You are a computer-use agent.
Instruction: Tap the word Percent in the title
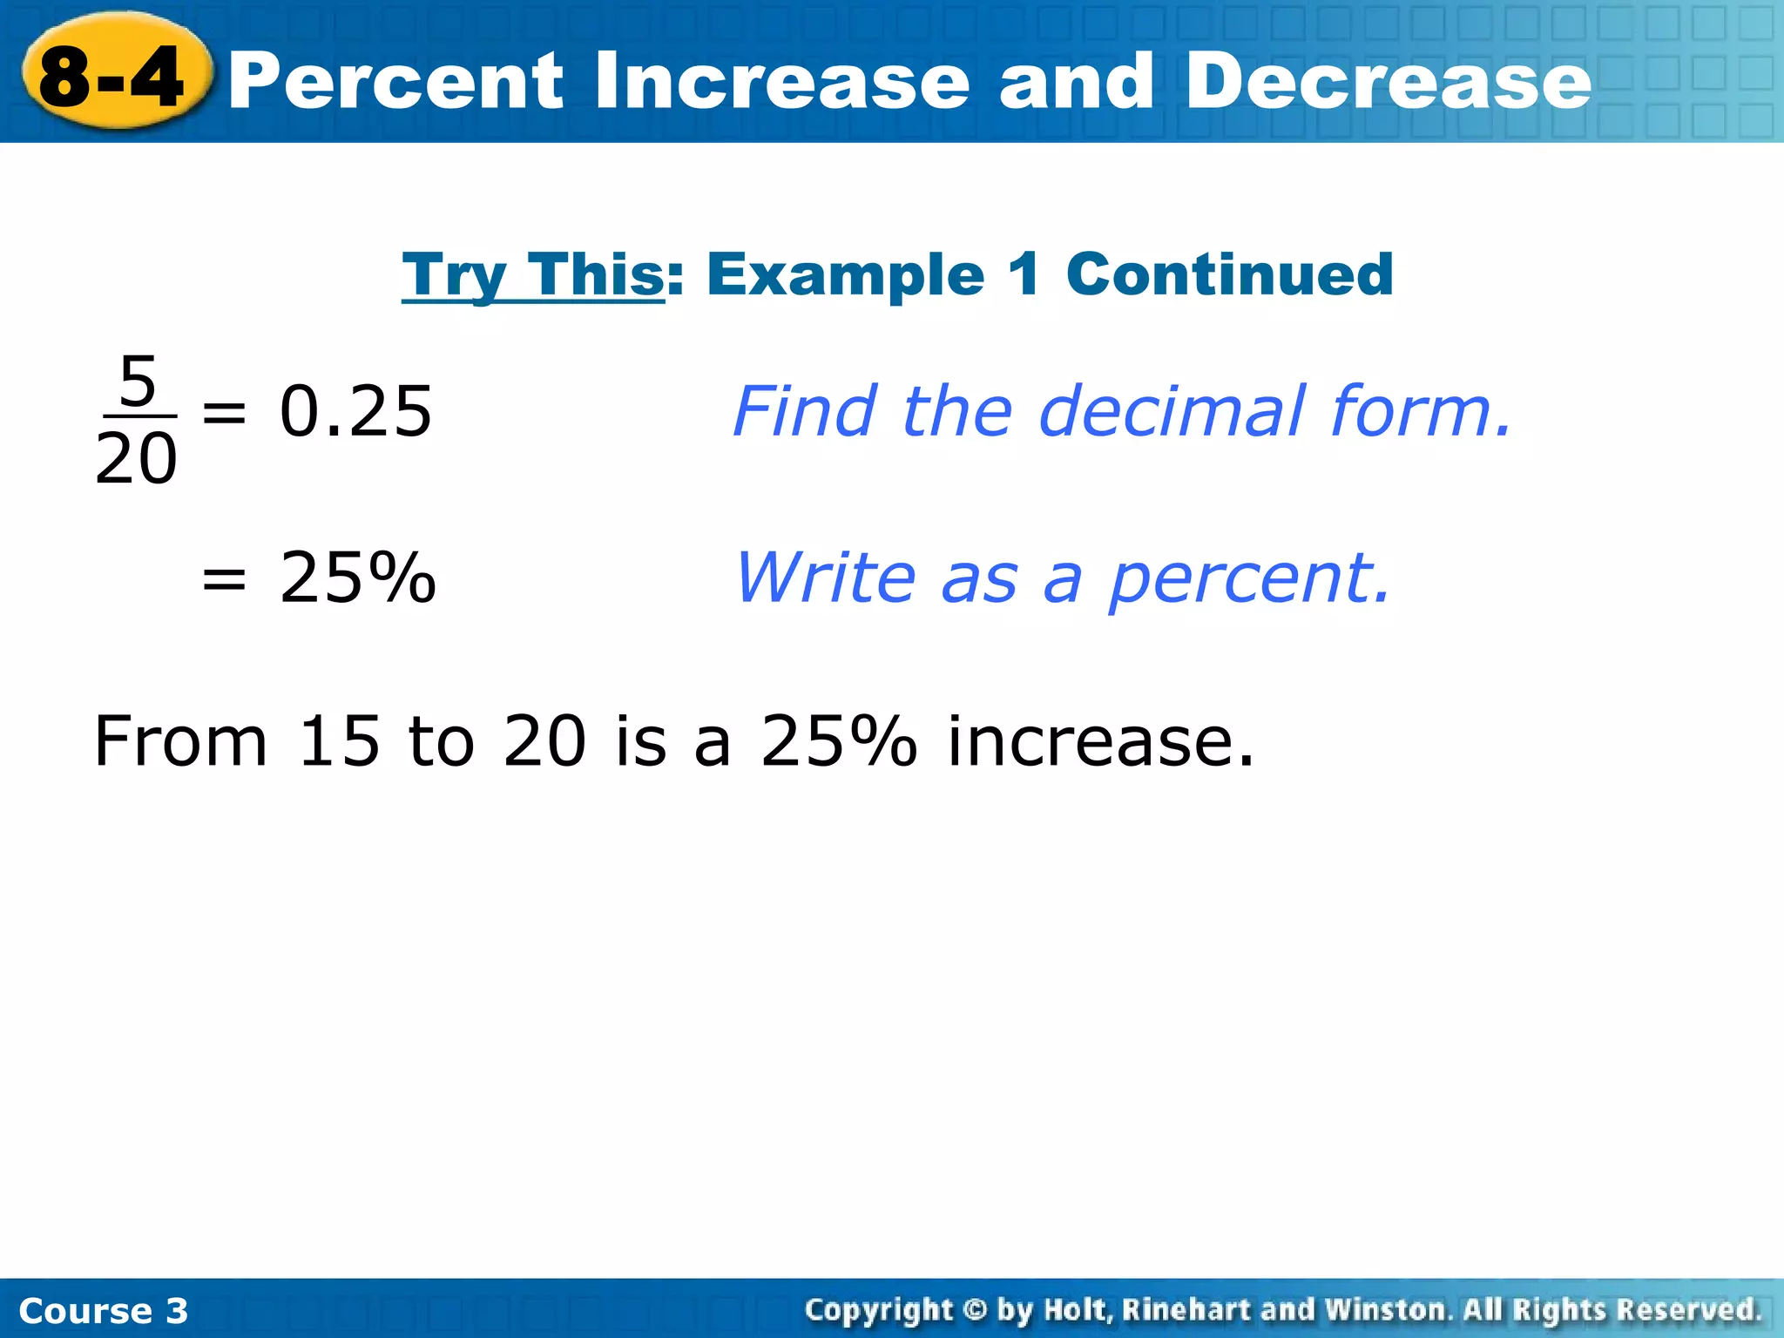click(x=396, y=82)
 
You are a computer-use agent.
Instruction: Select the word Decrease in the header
click(x=1389, y=82)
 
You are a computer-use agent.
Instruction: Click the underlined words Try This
click(x=533, y=275)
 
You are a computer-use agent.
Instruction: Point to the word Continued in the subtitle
click(x=1229, y=275)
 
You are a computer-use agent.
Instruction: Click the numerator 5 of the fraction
click(x=138, y=382)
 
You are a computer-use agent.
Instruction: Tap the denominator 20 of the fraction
click(x=136, y=459)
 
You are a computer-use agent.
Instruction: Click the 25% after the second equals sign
click(x=357, y=578)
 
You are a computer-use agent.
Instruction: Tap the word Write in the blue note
click(x=826, y=578)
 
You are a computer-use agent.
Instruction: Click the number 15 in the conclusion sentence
click(x=339, y=741)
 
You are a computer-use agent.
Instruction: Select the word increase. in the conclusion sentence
click(x=1101, y=741)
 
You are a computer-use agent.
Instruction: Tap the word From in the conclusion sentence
click(x=180, y=741)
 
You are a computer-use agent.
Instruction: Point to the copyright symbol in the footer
click(x=975, y=1310)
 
